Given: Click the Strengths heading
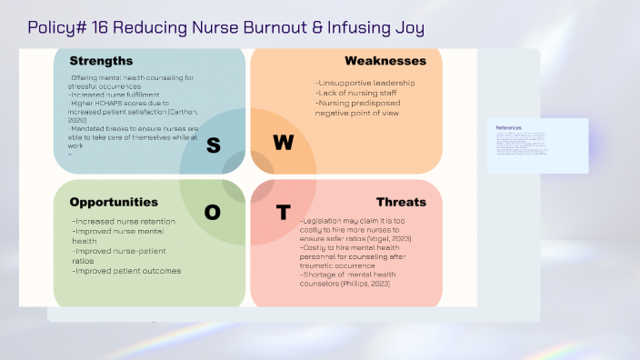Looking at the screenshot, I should pos(101,61).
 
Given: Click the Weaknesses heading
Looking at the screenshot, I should pos(385,61).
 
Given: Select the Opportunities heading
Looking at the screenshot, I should pos(114,202).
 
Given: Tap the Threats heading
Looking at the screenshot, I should pos(401,202).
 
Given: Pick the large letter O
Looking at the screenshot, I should pos(213,212).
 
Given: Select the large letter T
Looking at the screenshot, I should pos(284,213).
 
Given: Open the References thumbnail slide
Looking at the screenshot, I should pos(537,145).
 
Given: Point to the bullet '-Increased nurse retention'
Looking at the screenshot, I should pos(122,221).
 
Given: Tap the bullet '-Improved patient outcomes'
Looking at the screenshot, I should pos(126,271).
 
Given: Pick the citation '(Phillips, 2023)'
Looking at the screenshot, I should pos(367,284).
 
